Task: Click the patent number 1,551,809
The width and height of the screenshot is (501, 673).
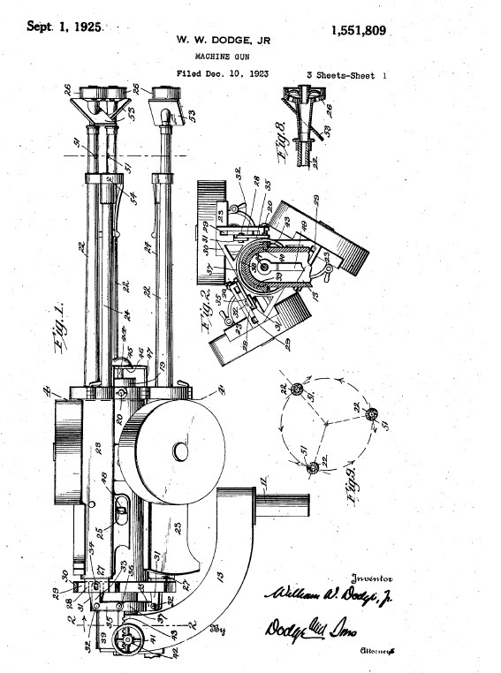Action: (358, 31)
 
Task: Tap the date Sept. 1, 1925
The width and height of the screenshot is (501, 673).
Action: (65, 26)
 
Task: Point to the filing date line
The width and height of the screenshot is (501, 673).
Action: (222, 74)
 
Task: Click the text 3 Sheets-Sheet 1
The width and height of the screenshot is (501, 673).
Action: (346, 75)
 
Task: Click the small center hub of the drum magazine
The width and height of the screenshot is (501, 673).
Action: (180, 451)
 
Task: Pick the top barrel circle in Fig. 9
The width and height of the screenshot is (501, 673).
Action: (299, 390)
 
